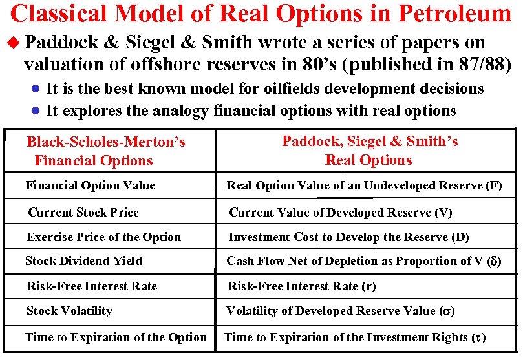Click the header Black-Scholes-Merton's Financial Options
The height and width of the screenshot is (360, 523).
(106, 151)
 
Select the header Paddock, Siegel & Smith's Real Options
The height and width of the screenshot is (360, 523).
(369, 151)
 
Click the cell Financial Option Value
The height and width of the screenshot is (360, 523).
(91, 186)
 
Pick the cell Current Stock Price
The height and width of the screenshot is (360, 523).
(83, 213)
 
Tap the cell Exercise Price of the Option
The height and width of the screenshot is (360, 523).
(103, 237)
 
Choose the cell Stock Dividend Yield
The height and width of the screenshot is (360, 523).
(84, 261)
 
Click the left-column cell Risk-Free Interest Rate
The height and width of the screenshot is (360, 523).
(92, 286)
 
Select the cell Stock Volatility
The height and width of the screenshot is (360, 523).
(69, 311)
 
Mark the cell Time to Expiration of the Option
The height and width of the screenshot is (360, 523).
(116, 337)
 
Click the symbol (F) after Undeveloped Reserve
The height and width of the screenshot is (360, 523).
(493, 186)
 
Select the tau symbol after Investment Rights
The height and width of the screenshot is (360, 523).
(478, 337)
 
